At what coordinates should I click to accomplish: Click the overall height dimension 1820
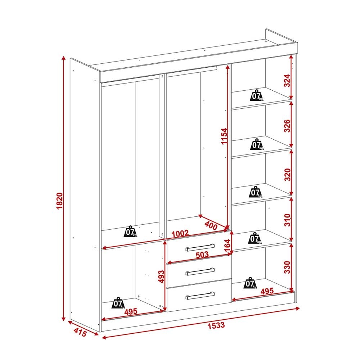coord(59,201)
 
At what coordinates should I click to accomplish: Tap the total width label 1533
coord(216,325)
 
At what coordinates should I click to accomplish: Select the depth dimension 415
coord(80,332)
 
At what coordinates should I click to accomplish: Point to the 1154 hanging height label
coord(224,136)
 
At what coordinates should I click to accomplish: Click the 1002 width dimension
coord(180,234)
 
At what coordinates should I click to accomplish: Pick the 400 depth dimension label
coord(211,225)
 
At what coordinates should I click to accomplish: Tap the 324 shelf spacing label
coord(287,80)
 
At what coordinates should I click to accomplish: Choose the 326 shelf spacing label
coord(287,126)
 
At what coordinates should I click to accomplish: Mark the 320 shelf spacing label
coord(287,175)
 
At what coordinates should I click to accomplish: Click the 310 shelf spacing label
coord(287,220)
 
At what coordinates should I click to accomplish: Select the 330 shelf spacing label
coord(287,267)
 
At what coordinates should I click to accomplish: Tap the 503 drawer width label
coord(202,255)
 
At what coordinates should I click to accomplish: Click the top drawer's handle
coord(200,247)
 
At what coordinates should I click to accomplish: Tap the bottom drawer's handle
coord(200,296)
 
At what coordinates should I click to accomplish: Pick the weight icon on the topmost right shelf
coord(256,95)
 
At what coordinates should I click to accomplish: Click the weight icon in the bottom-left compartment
coord(118,303)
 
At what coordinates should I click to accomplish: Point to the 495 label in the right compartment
coord(267,291)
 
